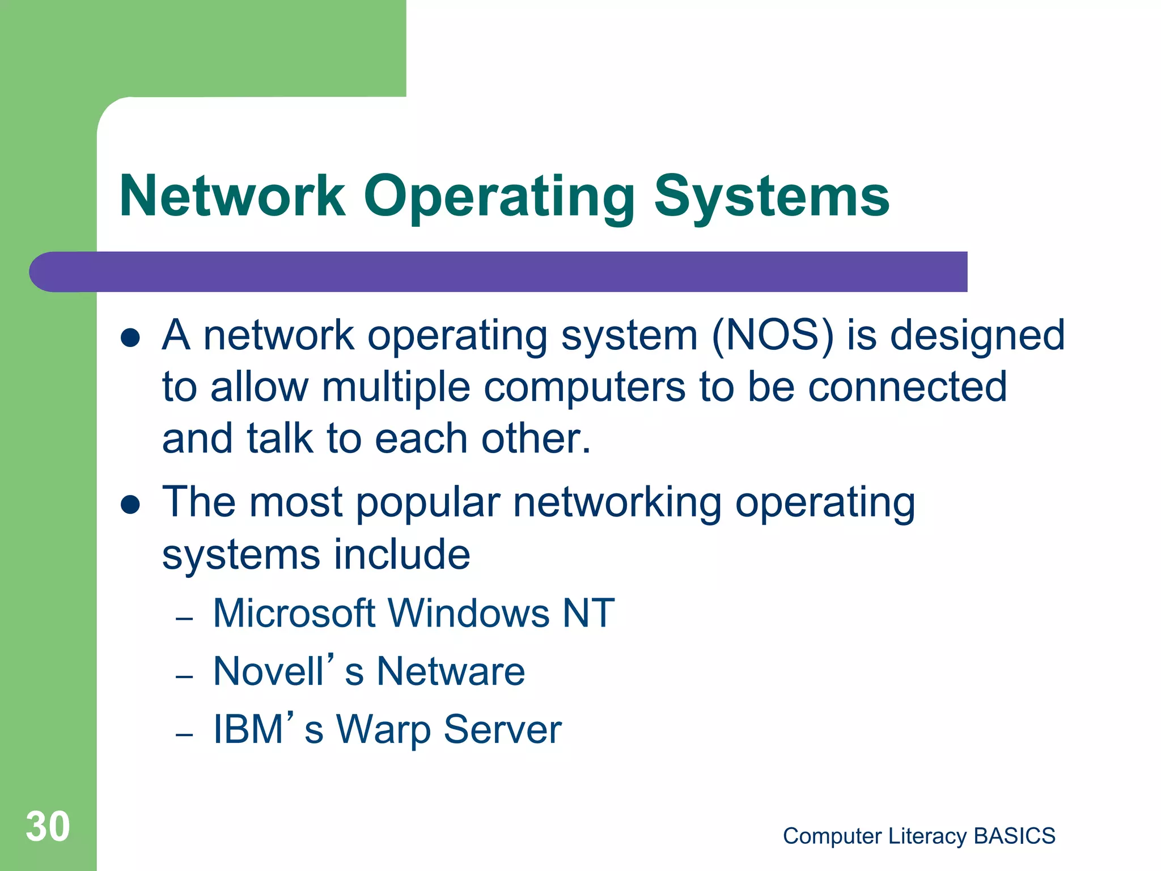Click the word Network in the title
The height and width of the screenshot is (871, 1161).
tap(232, 196)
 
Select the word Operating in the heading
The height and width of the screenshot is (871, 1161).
tap(499, 196)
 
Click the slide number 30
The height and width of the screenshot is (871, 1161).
tap(48, 827)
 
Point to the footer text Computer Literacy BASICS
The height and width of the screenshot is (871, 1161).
tap(919, 836)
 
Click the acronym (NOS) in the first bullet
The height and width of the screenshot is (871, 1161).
tap(773, 336)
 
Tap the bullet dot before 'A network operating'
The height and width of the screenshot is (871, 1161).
tap(130, 338)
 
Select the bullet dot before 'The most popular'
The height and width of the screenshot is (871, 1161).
tap(130, 504)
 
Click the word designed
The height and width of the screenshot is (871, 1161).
tap(977, 336)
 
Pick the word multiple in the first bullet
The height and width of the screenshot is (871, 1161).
tap(396, 387)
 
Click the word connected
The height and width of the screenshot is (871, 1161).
tap(907, 387)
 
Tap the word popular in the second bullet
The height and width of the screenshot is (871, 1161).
tap(428, 503)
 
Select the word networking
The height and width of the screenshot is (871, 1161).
tap(617, 503)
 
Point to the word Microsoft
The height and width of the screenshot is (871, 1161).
tap(294, 614)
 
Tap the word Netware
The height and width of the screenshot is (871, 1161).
tap(451, 671)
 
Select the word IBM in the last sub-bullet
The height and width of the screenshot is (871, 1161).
tap(248, 730)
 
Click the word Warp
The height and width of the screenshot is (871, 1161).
tap(383, 730)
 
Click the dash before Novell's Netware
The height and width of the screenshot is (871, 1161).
tap(185, 676)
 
